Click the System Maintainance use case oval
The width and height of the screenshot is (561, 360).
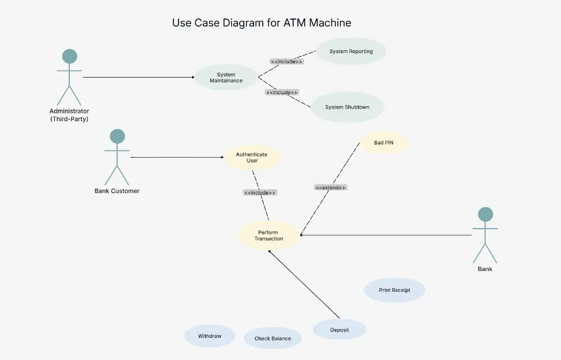[x=226, y=78]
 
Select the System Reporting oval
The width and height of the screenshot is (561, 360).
[x=351, y=51]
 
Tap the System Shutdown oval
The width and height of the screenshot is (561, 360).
[x=347, y=107]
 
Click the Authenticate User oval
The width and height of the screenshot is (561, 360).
[x=252, y=158]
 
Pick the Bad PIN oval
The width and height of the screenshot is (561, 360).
[x=384, y=143]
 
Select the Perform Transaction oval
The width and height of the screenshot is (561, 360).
[x=268, y=235]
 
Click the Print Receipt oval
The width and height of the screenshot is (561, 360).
[x=394, y=290]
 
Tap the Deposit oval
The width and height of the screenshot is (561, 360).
[x=339, y=330]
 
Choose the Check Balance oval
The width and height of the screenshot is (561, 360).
[x=272, y=339]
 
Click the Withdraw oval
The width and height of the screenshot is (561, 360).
[x=210, y=336]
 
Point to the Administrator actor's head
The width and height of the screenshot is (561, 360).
[x=70, y=57]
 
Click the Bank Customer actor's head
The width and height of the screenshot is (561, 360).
[x=118, y=137]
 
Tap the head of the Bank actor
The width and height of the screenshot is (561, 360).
[x=486, y=214]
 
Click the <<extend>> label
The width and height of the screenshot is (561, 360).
[x=330, y=187]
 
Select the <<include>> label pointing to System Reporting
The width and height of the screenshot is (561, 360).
[x=287, y=61]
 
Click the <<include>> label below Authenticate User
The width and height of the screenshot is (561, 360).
[x=260, y=193]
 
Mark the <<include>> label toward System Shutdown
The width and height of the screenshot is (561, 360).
[x=281, y=93]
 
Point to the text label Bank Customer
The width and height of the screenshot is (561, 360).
[x=117, y=191]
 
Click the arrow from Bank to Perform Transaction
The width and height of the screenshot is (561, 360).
[x=388, y=235]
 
